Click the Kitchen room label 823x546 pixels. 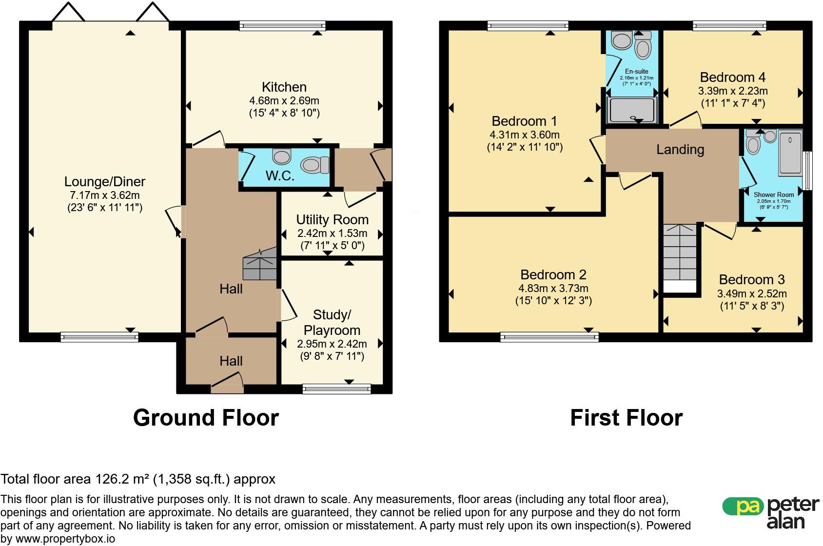pyautogui.click(x=284, y=87)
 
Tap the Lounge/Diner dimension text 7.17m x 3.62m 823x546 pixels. pyautogui.click(x=105, y=195)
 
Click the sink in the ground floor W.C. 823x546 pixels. pyautogui.click(x=282, y=156)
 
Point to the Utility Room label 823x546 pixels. pyautogui.click(x=332, y=220)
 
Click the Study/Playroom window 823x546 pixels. pyautogui.click(x=336, y=389)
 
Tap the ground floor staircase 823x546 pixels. pyautogui.click(x=260, y=263)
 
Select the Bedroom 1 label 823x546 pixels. pyautogui.click(x=524, y=121)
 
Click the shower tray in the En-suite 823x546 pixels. pyautogui.click(x=631, y=110)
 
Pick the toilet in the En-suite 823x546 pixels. pyautogui.click(x=643, y=45)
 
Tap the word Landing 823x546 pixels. pyautogui.click(x=680, y=150)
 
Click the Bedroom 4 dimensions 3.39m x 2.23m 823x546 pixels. pyautogui.click(x=733, y=91)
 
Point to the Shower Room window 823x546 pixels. pyautogui.click(x=807, y=171)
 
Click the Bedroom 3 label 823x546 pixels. pyautogui.click(x=752, y=280)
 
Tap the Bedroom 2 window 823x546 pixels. pyautogui.click(x=549, y=337)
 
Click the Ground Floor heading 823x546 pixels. pyautogui.click(x=206, y=418)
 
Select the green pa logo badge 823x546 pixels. pyautogui.click(x=743, y=507)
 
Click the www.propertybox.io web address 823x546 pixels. pyautogui.click(x=65, y=539)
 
